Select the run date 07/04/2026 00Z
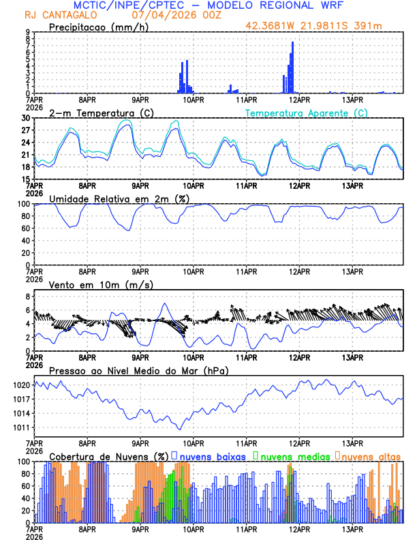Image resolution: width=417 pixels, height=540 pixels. pos(168,14)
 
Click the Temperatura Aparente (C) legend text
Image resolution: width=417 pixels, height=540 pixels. pos(307,112)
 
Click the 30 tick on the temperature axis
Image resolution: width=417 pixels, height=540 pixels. pos(25,118)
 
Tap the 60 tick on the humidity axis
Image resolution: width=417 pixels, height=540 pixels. pos(25,228)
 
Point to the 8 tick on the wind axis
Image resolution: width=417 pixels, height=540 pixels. pos(28,297)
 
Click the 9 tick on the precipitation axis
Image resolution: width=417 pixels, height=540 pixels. pos(28,32)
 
